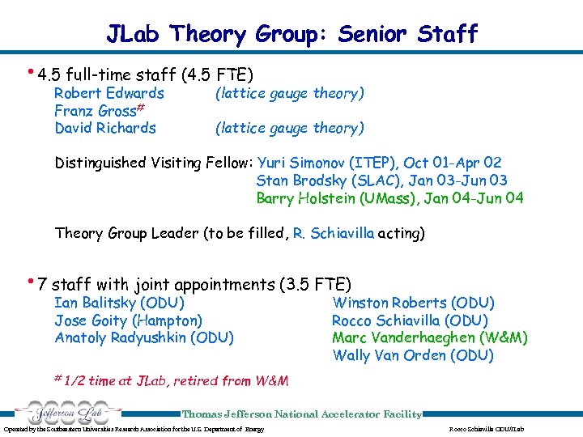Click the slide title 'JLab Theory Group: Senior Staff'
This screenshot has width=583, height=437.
[x=291, y=34]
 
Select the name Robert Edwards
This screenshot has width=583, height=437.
[x=109, y=93]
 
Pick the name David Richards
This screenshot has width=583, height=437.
[x=105, y=128]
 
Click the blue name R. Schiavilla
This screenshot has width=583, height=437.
[x=334, y=233]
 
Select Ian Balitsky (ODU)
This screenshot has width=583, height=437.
[x=119, y=303]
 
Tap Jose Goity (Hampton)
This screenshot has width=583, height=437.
[x=128, y=320]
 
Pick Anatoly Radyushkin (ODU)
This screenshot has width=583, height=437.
[x=144, y=337]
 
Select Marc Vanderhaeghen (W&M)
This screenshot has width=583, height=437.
[x=429, y=337]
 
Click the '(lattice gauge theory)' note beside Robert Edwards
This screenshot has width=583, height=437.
[x=289, y=93]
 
